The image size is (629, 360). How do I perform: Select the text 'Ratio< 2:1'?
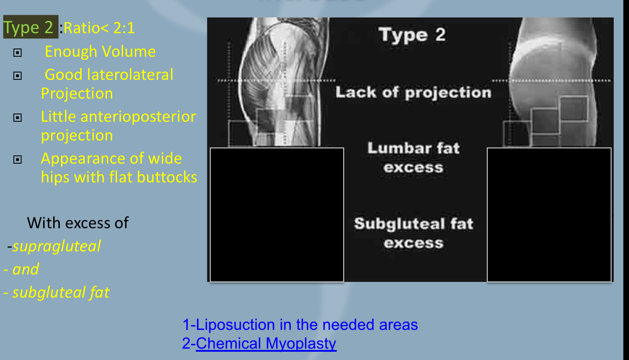(99, 28)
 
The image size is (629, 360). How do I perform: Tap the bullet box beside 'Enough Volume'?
(17, 52)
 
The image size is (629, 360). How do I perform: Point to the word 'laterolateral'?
(130, 75)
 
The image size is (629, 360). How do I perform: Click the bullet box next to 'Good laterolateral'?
(17, 75)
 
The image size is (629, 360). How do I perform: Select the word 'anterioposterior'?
(138, 117)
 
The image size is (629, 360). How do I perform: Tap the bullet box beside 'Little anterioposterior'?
(17, 118)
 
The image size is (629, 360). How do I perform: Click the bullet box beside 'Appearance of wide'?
(17, 160)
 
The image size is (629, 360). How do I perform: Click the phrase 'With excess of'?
(78, 223)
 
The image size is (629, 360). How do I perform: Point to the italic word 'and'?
(26, 269)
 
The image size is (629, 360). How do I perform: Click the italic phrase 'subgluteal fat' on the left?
(61, 293)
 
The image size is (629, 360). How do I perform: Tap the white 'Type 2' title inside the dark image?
(412, 35)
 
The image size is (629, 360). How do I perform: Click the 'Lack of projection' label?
(414, 93)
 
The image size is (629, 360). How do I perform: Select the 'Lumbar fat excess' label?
(414, 158)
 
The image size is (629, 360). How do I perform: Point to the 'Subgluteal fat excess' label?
(414, 233)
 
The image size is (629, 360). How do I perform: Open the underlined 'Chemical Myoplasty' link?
(266, 343)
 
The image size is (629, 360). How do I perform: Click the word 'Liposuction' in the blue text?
(235, 325)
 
